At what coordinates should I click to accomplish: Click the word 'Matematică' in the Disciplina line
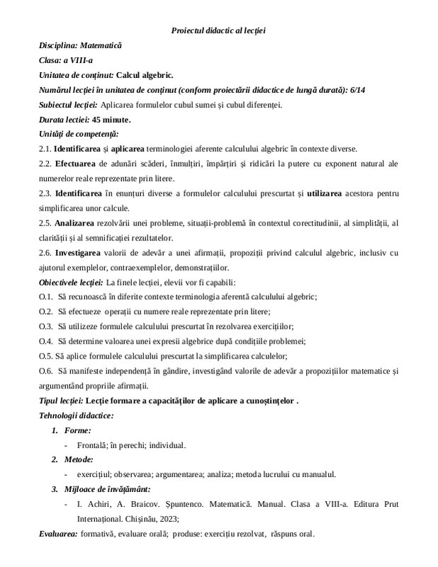101,44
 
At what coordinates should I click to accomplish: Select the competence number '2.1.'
45,148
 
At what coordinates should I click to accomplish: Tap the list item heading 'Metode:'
79,460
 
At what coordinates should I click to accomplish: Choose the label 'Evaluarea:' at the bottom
59,534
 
